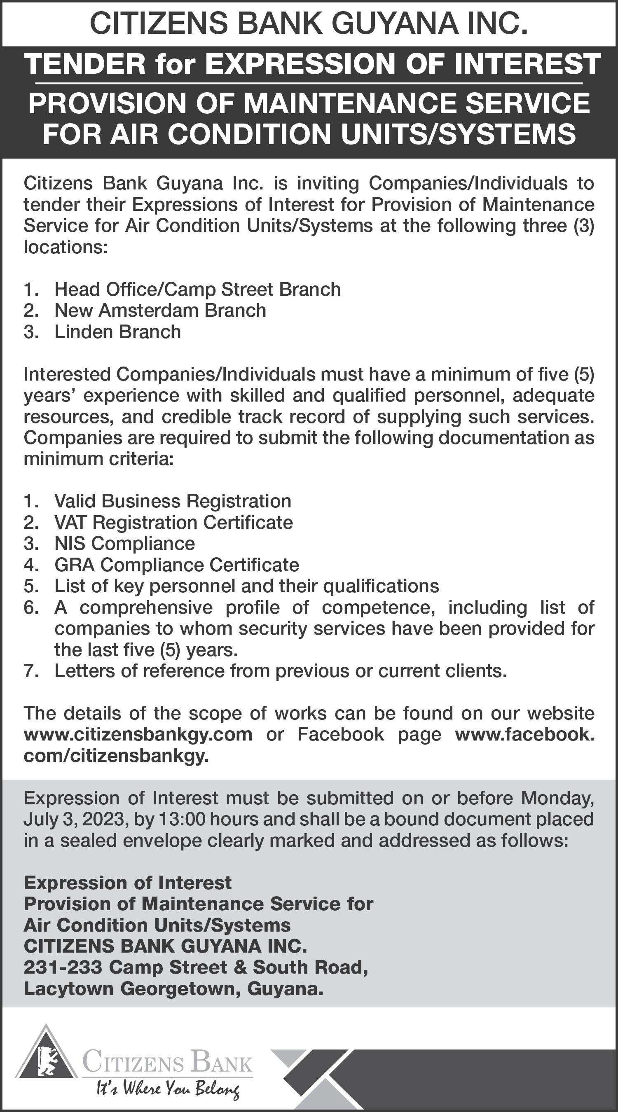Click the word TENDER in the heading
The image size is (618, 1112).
[x=85, y=64]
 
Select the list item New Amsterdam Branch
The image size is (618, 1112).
[x=160, y=311]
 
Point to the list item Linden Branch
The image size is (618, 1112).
[x=117, y=332]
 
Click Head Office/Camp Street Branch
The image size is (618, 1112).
[x=197, y=289]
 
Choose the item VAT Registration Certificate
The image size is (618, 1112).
[x=173, y=522]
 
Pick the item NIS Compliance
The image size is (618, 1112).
[x=124, y=544]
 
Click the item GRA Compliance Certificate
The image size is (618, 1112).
[x=177, y=565]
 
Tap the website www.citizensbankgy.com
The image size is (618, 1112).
[x=138, y=734]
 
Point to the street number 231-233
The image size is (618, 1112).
[x=63, y=967]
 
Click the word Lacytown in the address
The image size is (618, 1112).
[x=69, y=988]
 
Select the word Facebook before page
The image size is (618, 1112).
[x=340, y=734]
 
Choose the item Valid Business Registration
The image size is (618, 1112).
[x=173, y=501]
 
